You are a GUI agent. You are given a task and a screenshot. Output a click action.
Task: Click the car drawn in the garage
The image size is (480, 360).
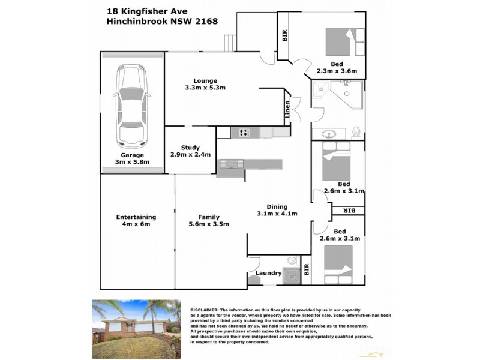(x=132, y=107)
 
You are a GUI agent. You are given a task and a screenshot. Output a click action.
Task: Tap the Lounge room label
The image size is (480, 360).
(x=205, y=81)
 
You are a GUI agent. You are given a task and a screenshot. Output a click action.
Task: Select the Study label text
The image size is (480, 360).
(x=190, y=148)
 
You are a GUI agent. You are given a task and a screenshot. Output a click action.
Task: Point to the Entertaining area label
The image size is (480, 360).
(x=136, y=217)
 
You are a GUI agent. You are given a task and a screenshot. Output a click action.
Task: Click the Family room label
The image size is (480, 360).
(x=209, y=217)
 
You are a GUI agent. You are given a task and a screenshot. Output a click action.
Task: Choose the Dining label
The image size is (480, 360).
(x=277, y=207)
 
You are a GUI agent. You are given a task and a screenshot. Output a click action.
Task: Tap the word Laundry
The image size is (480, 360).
(x=268, y=273)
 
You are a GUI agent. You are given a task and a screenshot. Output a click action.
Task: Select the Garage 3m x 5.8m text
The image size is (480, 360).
(x=132, y=158)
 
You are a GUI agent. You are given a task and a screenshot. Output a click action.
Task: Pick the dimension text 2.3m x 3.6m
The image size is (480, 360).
(x=337, y=71)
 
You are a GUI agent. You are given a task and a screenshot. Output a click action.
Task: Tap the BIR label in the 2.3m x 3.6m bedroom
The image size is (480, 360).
(x=284, y=36)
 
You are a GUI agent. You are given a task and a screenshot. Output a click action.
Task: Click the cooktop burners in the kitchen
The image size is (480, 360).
(x=244, y=133)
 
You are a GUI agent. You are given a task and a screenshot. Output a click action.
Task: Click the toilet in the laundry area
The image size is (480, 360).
(x=292, y=261)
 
